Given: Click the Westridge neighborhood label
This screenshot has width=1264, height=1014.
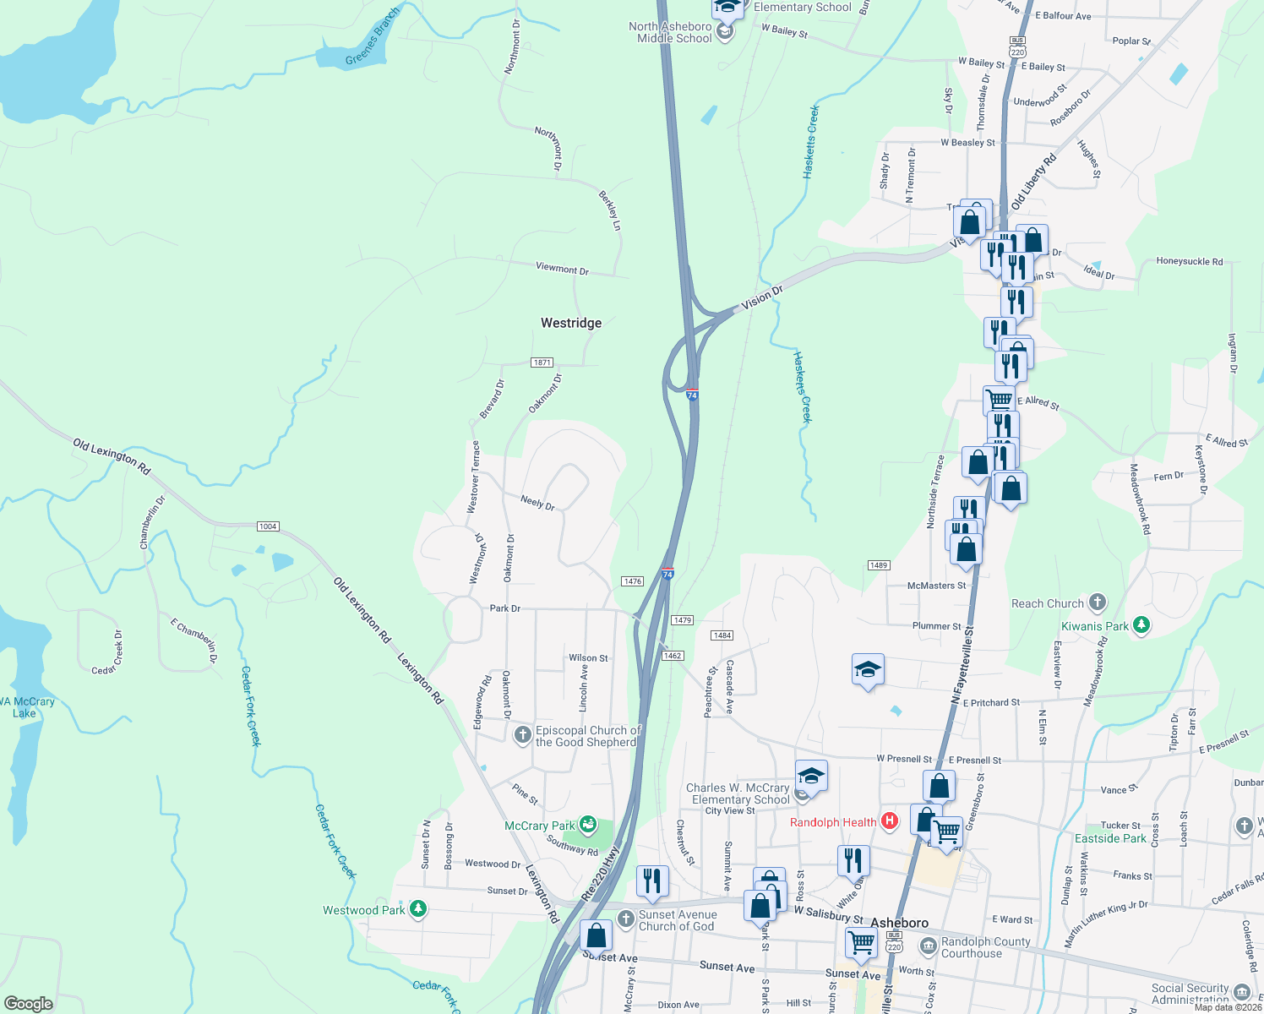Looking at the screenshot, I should pyautogui.click(x=571, y=323).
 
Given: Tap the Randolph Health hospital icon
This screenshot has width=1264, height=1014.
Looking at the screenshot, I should pyautogui.click(x=889, y=820).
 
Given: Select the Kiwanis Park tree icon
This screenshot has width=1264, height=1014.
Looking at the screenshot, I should pyautogui.click(x=1141, y=625).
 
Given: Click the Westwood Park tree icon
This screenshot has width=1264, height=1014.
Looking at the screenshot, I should pyautogui.click(x=417, y=909).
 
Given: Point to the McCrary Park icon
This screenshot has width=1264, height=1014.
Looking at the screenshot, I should pyautogui.click(x=588, y=825).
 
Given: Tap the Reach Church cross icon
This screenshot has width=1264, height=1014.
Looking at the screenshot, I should pyautogui.click(x=1097, y=602).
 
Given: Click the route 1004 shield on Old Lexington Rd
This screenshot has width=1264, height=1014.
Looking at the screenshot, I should pyautogui.click(x=268, y=526).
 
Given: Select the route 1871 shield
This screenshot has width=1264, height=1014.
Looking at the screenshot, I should pyautogui.click(x=542, y=363).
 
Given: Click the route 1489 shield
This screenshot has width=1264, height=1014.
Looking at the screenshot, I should pyautogui.click(x=879, y=565).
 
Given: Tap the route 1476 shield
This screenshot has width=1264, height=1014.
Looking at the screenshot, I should pyautogui.click(x=632, y=581).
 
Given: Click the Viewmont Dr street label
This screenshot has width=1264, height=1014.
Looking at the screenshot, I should pyautogui.click(x=562, y=269).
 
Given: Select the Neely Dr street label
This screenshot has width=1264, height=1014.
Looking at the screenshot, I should pyautogui.click(x=537, y=503).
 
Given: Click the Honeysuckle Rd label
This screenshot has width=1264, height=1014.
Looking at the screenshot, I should pyautogui.click(x=1189, y=262).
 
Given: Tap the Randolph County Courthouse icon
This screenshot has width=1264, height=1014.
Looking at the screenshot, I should pyautogui.click(x=928, y=945).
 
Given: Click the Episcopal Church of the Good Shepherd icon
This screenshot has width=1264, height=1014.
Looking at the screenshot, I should pyautogui.click(x=523, y=735).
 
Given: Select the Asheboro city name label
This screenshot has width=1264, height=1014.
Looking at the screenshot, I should pyautogui.click(x=899, y=923).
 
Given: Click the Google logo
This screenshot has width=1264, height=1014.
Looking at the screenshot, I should pyautogui.click(x=29, y=1003).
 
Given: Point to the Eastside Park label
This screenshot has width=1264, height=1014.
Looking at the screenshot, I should pyautogui.click(x=1110, y=838).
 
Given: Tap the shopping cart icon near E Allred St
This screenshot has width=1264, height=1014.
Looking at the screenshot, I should pyautogui.click(x=1000, y=399).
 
